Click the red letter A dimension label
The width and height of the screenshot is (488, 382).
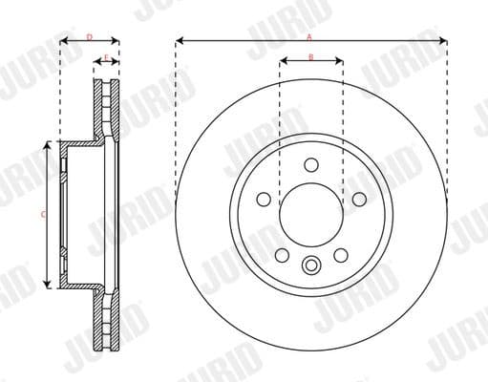309,36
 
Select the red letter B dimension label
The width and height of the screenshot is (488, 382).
311,56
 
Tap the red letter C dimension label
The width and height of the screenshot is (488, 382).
43,214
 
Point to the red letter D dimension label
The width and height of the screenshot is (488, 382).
89,36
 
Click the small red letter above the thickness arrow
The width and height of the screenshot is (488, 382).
106,56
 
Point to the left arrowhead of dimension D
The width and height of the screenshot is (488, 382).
63,41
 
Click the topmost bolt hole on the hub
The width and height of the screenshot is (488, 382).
311,164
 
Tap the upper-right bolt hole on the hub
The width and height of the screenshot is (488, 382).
358,199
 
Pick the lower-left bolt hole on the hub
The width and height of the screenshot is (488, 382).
283,255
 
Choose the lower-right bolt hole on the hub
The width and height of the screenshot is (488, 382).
341,255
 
